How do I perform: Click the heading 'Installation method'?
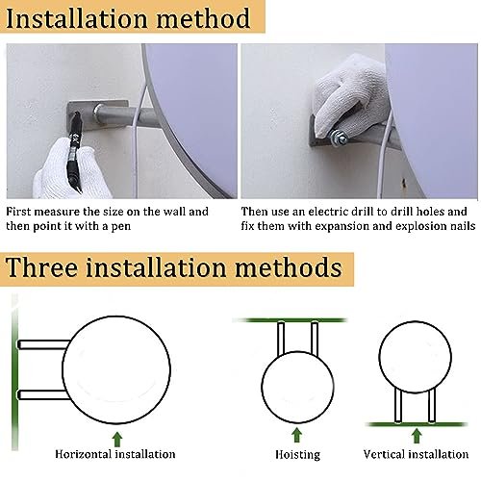click(x=128, y=18)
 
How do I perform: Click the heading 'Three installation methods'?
click(x=174, y=267)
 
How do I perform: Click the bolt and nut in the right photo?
click(x=338, y=137)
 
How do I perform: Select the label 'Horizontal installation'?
click(x=115, y=454)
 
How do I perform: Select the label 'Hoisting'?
click(x=297, y=455)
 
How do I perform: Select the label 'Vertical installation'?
click(x=416, y=454)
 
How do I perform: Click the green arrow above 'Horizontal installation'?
click(x=117, y=439)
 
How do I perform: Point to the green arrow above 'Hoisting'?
click(x=297, y=435)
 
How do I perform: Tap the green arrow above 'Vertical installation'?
click(x=417, y=436)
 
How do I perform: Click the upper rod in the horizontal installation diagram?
click(x=43, y=344)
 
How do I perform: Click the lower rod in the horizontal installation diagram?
click(x=42, y=394)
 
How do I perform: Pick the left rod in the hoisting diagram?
click(x=281, y=339)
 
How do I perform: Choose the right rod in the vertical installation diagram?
click(x=432, y=406)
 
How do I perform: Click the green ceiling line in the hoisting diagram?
click(x=290, y=320)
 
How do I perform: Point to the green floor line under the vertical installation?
click(x=417, y=424)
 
